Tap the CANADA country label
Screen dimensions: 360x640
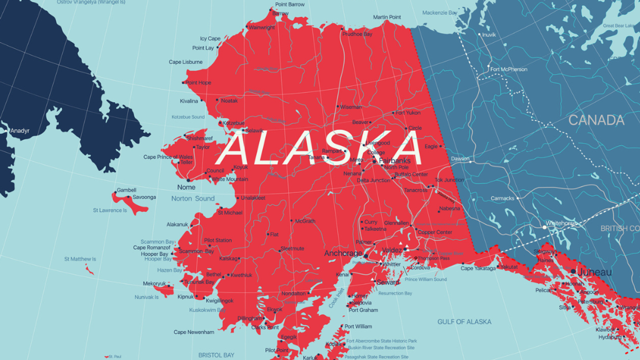coord(596,120)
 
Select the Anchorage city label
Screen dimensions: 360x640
coord(343,254)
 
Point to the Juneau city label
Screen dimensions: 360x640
coord(595,272)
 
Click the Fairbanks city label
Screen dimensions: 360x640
coord(395,160)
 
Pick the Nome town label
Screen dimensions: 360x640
coord(186,187)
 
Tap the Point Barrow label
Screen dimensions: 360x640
coord(289,5)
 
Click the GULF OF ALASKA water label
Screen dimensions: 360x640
coord(464,322)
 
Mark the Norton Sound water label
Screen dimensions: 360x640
coord(193,199)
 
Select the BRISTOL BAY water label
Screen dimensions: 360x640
coord(216,355)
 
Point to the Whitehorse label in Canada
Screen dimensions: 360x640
coord(562,223)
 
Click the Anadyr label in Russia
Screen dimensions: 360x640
coord(20,131)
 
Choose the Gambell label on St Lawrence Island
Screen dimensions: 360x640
coord(126,190)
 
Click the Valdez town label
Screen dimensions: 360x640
coord(392,250)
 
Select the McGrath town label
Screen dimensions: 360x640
coord(305,221)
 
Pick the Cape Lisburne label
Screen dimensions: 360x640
coord(186,62)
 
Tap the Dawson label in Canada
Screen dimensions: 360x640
coord(460,159)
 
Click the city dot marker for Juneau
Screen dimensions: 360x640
coord(573,271)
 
